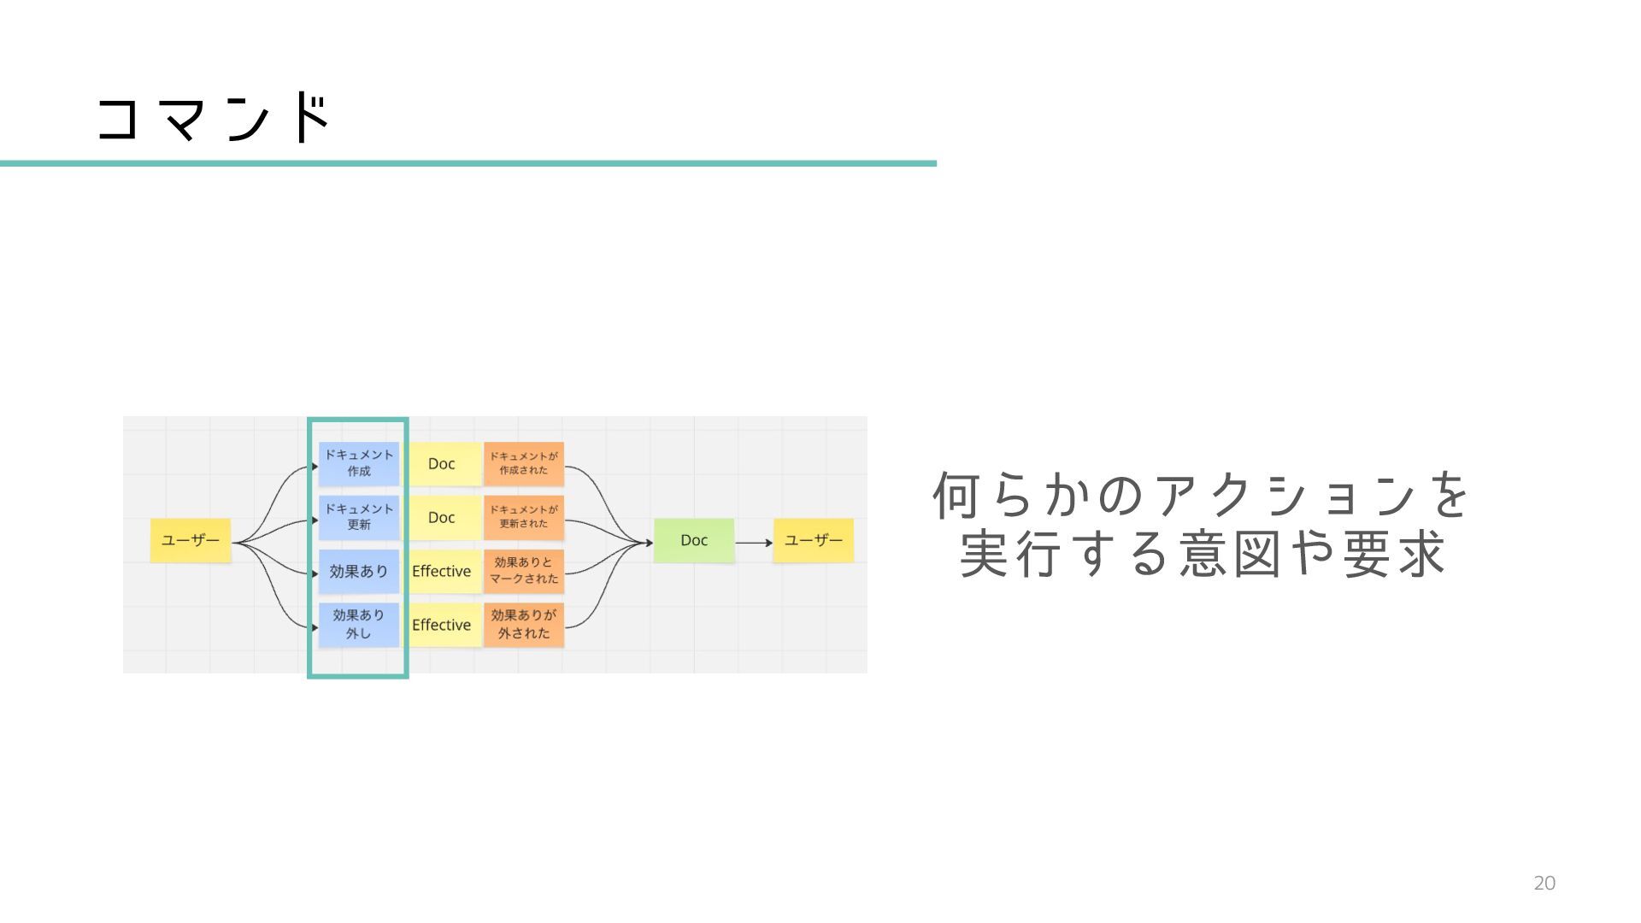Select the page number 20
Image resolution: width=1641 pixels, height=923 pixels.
pyautogui.click(x=1544, y=884)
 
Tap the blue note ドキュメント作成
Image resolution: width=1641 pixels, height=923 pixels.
pyautogui.click(x=358, y=463)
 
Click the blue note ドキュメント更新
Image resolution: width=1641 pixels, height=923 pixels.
pyautogui.click(x=358, y=517)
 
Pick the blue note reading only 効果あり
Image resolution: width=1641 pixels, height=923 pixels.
pyautogui.click(x=358, y=571)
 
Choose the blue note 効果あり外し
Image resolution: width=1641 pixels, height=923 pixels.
pyautogui.click(x=358, y=625)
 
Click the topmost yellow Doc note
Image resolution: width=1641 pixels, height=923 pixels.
pyautogui.click(x=442, y=463)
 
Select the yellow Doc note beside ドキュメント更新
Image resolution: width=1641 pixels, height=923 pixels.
pyautogui.click(x=442, y=517)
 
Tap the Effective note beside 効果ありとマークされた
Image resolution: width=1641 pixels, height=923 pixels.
pyautogui.click(x=442, y=571)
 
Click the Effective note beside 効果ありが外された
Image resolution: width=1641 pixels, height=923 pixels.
pyautogui.click(x=442, y=625)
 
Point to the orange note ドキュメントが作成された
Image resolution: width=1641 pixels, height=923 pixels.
pyautogui.click(x=523, y=463)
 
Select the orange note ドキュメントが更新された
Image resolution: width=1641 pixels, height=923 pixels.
pyautogui.click(x=523, y=517)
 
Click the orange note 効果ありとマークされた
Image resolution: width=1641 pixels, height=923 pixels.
pyautogui.click(x=523, y=571)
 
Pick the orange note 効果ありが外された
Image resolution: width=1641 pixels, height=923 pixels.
pyautogui.click(x=523, y=625)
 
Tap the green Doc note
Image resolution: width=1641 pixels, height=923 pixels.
pyautogui.click(x=693, y=540)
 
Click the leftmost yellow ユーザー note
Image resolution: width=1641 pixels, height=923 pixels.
pyautogui.click(x=191, y=540)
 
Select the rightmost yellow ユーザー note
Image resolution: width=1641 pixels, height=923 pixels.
pyautogui.click(x=813, y=540)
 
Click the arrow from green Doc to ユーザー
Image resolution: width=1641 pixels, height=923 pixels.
pyautogui.click(x=753, y=543)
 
